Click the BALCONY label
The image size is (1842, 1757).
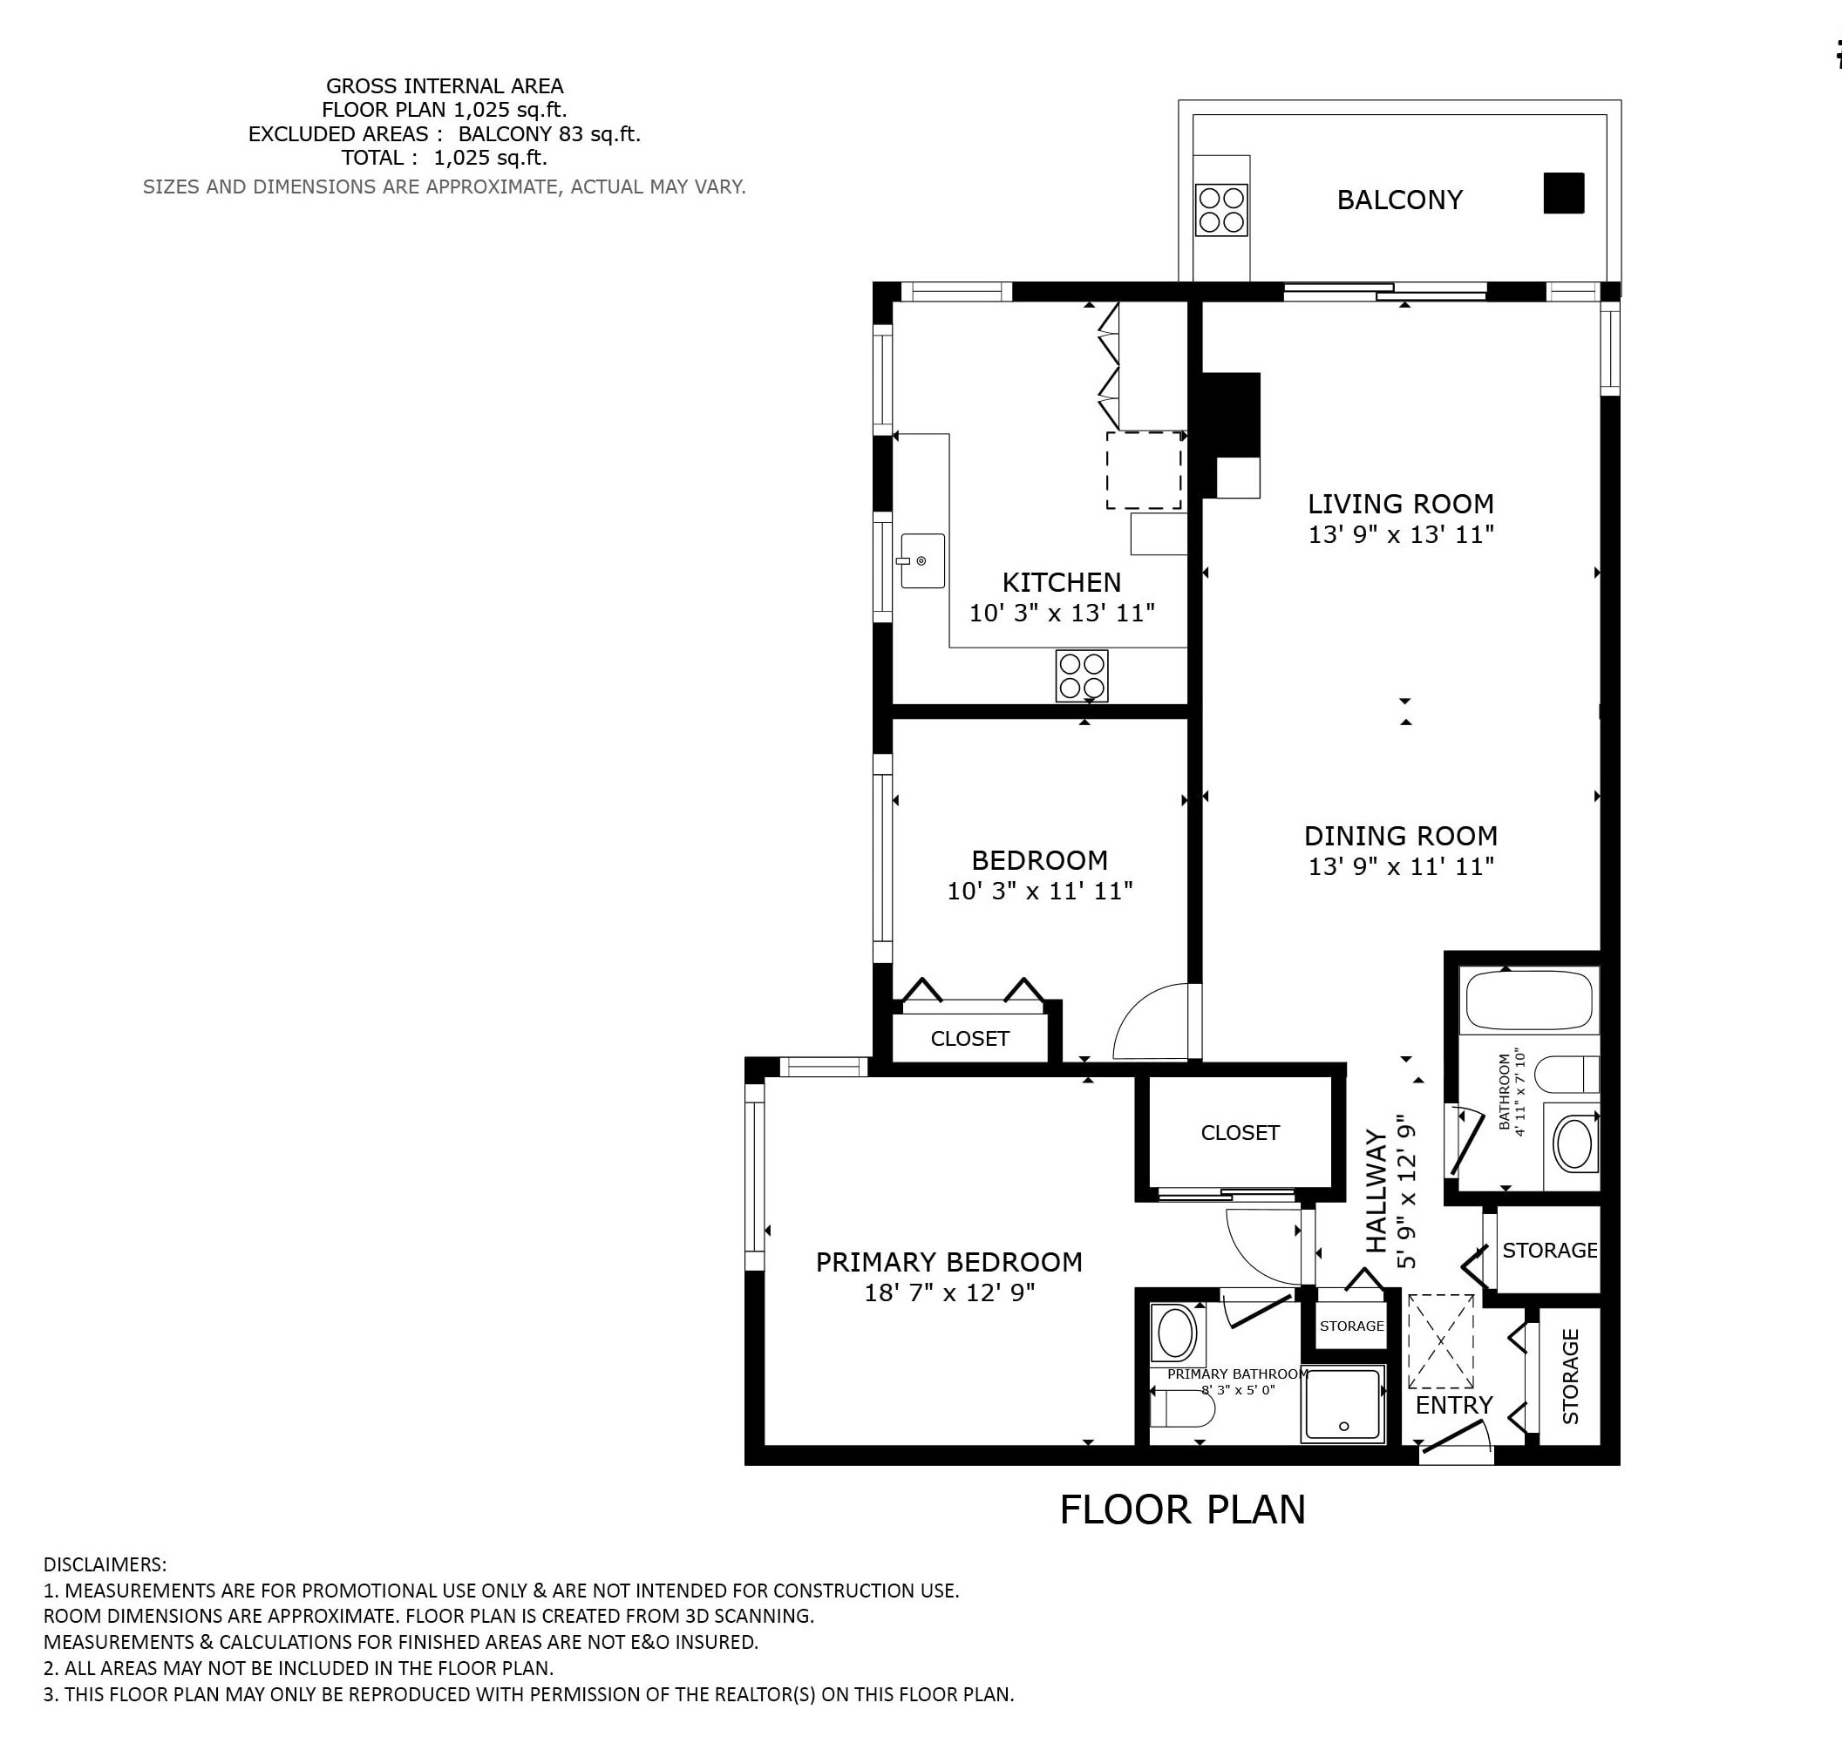pyautogui.click(x=1399, y=200)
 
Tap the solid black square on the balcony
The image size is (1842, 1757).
pyautogui.click(x=1564, y=193)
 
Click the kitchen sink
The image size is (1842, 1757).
pyautogui.click(x=922, y=561)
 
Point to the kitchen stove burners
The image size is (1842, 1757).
pyautogui.click(x=1082, y=675)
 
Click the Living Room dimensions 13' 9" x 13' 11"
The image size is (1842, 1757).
pyautogui.click(x=1401, y=535)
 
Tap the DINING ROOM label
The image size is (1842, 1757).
pyautogui.click(x=1401, y=836)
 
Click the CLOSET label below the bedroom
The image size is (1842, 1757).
pyautogui.click(x=969, y=1039)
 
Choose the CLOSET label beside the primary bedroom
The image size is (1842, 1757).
pyautogui.click(x=1240, y=1132)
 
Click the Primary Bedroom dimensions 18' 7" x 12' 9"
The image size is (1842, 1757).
pyautogui.click(x=949, y=1292)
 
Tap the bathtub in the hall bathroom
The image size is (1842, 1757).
pyautogui.click(x=1528, y=1001)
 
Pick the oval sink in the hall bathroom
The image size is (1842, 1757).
pyautogui.click(x=1575, y=1143)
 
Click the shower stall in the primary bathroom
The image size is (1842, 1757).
pyautogui.click(x=1343, y=1404)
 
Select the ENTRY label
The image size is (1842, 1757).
pyautogui.click(x=1454, y=1405)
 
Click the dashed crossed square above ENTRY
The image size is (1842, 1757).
pyautogui.click(x=1441, y=1341)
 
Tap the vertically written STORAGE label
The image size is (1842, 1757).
pyautogui.click(x=1571, y=1376)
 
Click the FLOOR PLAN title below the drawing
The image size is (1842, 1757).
pyautogui.click(x=1182, y=1509)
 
